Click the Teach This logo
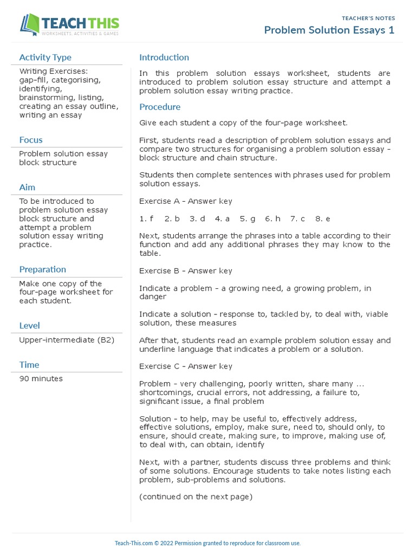[69, 24]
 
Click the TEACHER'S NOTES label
[368, 18]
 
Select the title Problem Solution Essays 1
[329, 30]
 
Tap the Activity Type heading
[45, 57]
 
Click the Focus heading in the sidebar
[31, 140]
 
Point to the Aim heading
[27, 187]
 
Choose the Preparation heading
[42, 269]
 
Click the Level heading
[29, 326]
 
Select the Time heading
[29, 365]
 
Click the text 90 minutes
[41, 378]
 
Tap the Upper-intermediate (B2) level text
[67, 340]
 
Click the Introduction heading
[164, 57]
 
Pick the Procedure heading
[160, 107]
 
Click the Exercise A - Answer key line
[186, 201]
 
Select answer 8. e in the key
[322, 218]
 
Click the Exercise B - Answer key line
[186, 270]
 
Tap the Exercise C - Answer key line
[186, 366]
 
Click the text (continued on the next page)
[196, 496]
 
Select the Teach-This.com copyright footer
[207, 543]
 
